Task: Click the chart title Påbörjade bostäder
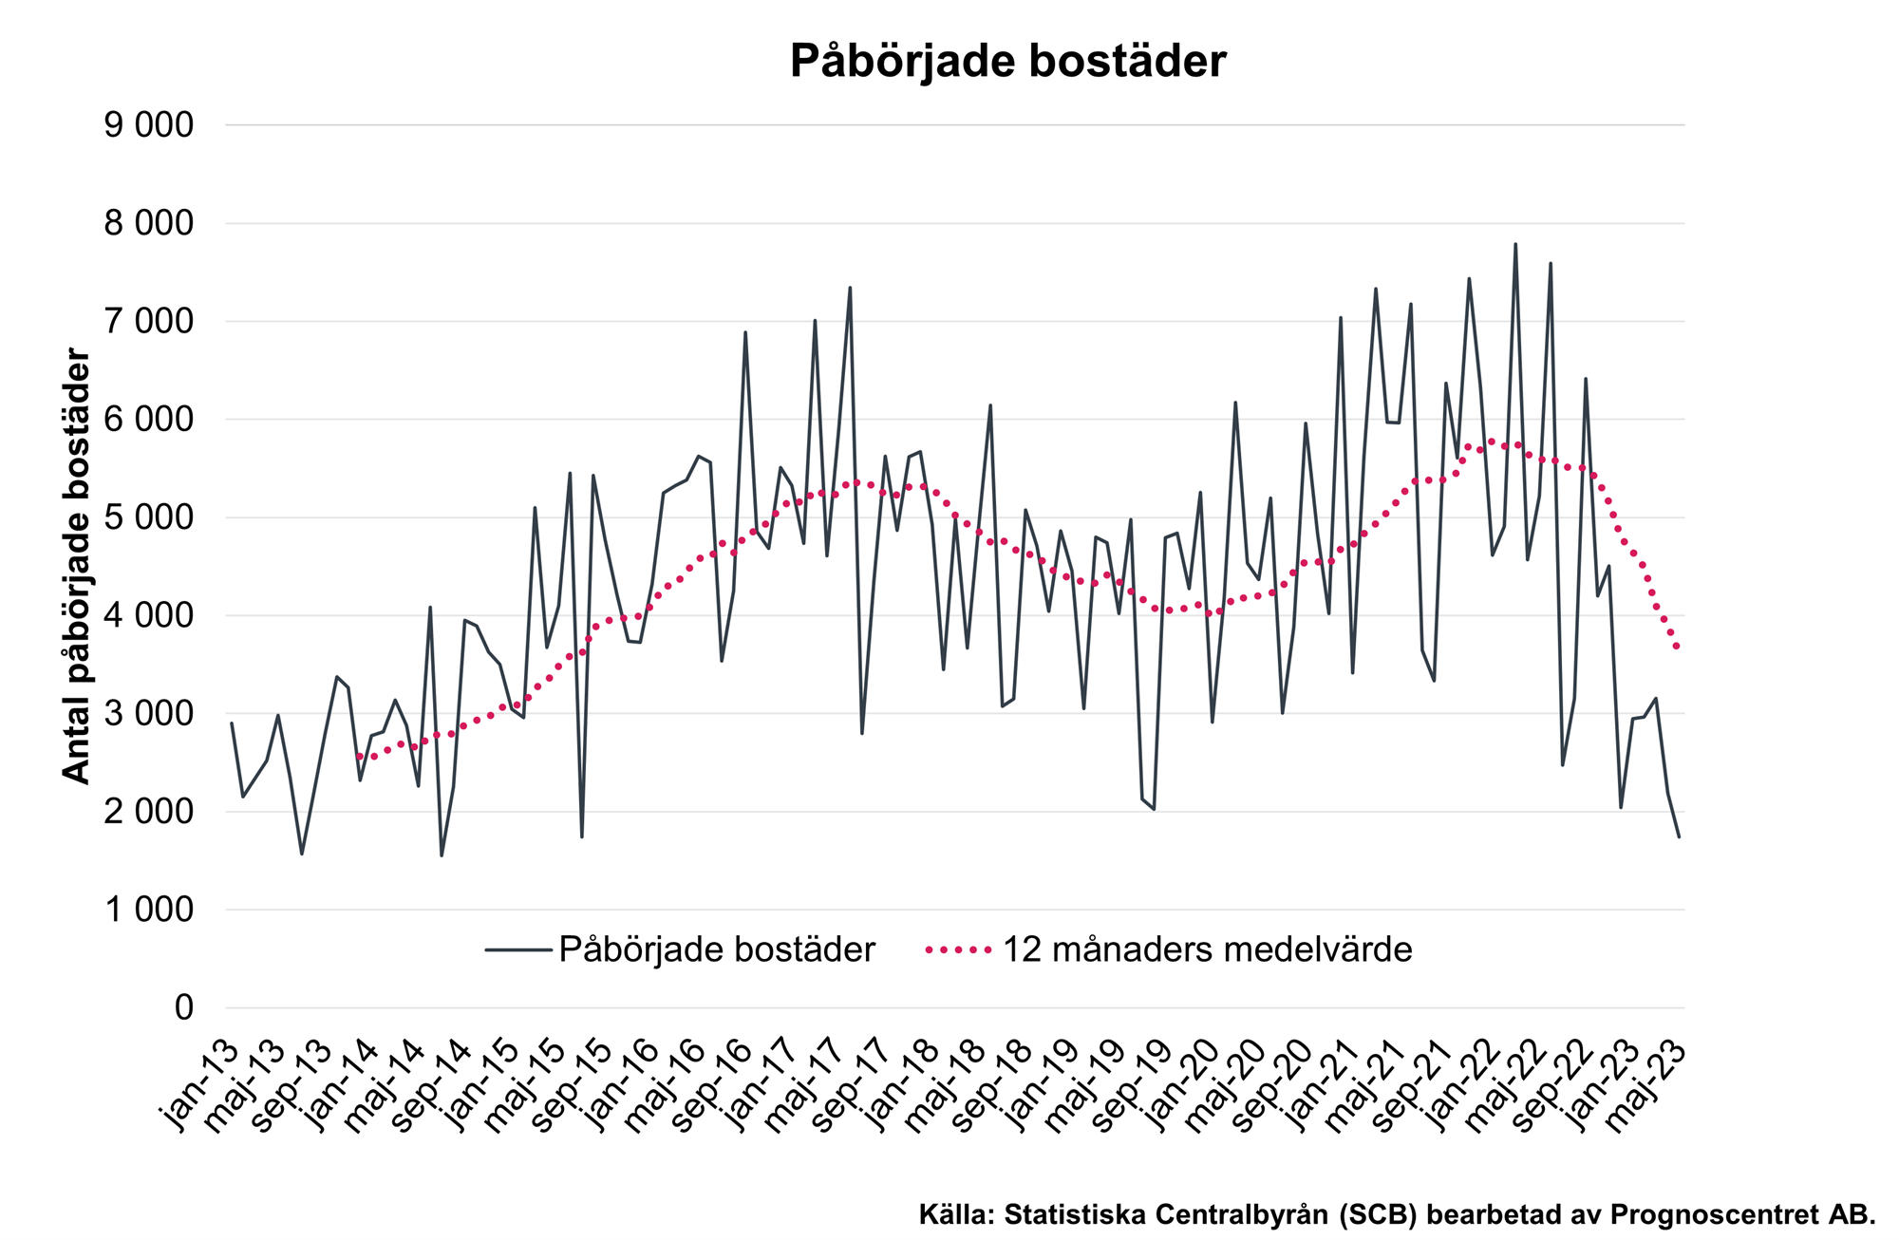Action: [x=1007, y=62]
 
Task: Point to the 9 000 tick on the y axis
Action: [x=148, y=124]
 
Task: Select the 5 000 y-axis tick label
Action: [x=148, y=517]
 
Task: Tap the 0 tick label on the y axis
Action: [x=183, y=1007]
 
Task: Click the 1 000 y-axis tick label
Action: [x=148, y=910]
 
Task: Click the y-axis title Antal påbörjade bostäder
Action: [x=76, y=566]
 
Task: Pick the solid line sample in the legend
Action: [x=517, y=949]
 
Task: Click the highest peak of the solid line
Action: [x=1515, y=244]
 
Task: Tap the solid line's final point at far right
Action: [x=1679, y=836]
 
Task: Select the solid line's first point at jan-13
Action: [x=232, y=723]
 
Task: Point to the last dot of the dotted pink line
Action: [x=1679, y=647]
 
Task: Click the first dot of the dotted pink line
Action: [x=360, y=757]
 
